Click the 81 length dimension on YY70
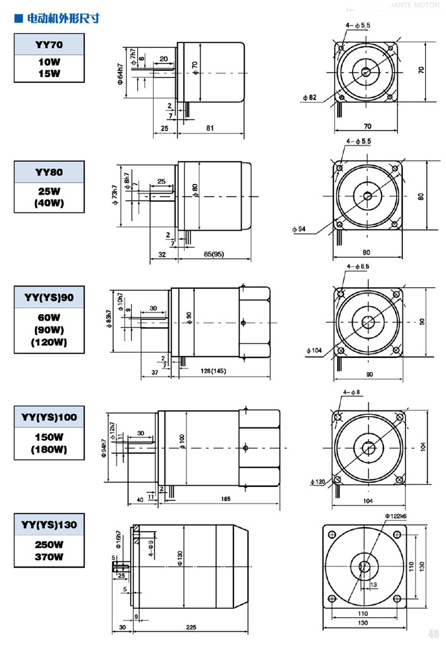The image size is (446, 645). (x=210, y=128)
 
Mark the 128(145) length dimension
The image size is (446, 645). (x=214, y=371)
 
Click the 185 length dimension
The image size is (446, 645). (x=225, y=499)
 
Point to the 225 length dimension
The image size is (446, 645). (x=192, y=628)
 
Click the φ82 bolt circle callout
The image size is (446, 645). (x=309, y=97)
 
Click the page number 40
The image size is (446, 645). (x=433, y=634)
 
